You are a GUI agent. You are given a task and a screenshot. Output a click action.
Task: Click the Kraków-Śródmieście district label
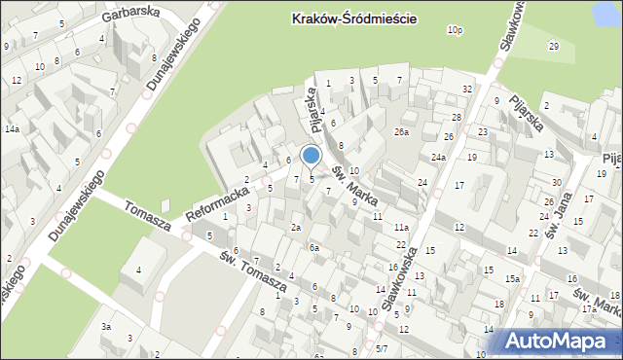pyautogui.click(x=347, y=18)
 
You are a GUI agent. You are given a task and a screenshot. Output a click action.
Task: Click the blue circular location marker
pyautogui.click(x=311, y=155)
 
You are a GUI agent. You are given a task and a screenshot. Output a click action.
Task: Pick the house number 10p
pyautogui.click(x=455, y=31)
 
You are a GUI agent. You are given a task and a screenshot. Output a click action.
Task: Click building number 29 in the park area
pyautogui.click(x=553, y=47)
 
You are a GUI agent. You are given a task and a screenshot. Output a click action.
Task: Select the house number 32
pyautogui.click(x=467, y=90)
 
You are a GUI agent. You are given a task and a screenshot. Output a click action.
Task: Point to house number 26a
pyautogui.click(x=401, y=131)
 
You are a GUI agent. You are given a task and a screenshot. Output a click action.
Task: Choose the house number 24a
pyautogui.click(x=439, y=158)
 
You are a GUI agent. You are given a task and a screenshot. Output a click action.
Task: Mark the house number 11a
pyautogui.click(x=400, y=227)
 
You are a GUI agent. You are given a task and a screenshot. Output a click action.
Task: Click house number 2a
pyautogui.click(x=295, y=228)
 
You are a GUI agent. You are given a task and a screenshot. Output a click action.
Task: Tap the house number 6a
pyautogui.click(x=313, y=248)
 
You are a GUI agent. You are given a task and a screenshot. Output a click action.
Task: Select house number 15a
pyautogui.click(x=512, y=279)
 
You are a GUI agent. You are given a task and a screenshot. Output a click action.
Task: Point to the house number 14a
pyautogui.click(x=11, y=128)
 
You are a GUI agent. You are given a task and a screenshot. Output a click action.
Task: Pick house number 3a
pyautogui.click(x=105, y=327)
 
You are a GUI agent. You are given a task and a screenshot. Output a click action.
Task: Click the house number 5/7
pyautogui.click(x=382, y=348)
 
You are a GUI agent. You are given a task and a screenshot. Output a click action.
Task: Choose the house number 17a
pyautogui.click(x=588, y=308)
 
